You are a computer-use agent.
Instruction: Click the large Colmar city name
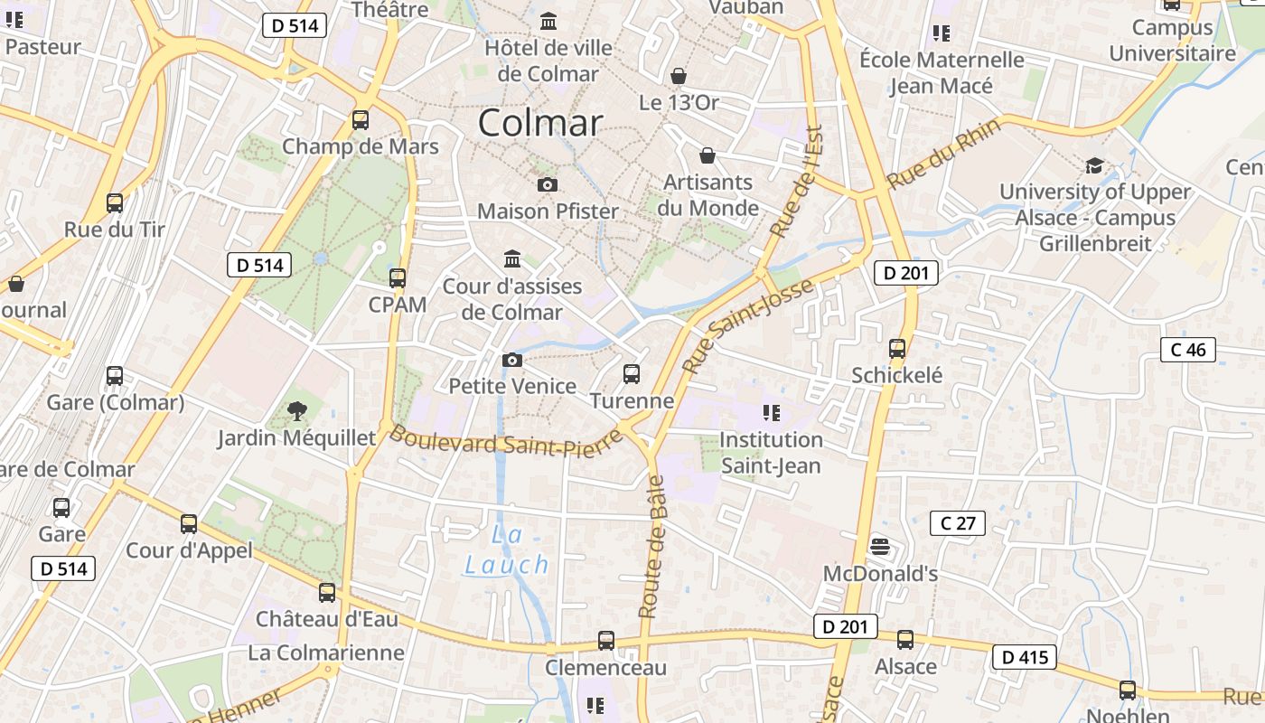[x=539, y=123]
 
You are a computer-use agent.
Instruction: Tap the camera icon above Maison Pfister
[x=547, y=184]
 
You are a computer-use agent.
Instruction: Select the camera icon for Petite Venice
[x=512, y=360]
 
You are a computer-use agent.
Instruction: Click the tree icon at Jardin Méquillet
[x=295, y=412]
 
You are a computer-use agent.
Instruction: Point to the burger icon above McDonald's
[x=880, y=547]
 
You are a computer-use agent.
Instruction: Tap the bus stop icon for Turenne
[x=632, y=373]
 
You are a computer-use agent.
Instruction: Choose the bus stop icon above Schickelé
[x=897, y=348]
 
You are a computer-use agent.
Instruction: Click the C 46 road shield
[x=1188, y=350]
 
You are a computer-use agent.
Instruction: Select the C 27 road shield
[x=958, y=522]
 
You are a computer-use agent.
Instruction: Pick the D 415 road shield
[x=1026, y=657]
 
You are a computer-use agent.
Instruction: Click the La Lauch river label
[x=507, y=550]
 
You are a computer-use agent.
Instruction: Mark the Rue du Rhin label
[x=944, y=154]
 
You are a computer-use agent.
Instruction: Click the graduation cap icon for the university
[x=1094, y=165]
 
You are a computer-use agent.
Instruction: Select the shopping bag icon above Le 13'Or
[x=679, y=76]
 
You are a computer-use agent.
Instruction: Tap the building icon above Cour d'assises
[x=512, y=259]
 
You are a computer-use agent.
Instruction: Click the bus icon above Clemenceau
[x=606, y=640]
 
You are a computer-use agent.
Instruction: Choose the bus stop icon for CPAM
[x=398, y=277]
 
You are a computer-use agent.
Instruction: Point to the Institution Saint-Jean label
[x=771, y=453]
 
